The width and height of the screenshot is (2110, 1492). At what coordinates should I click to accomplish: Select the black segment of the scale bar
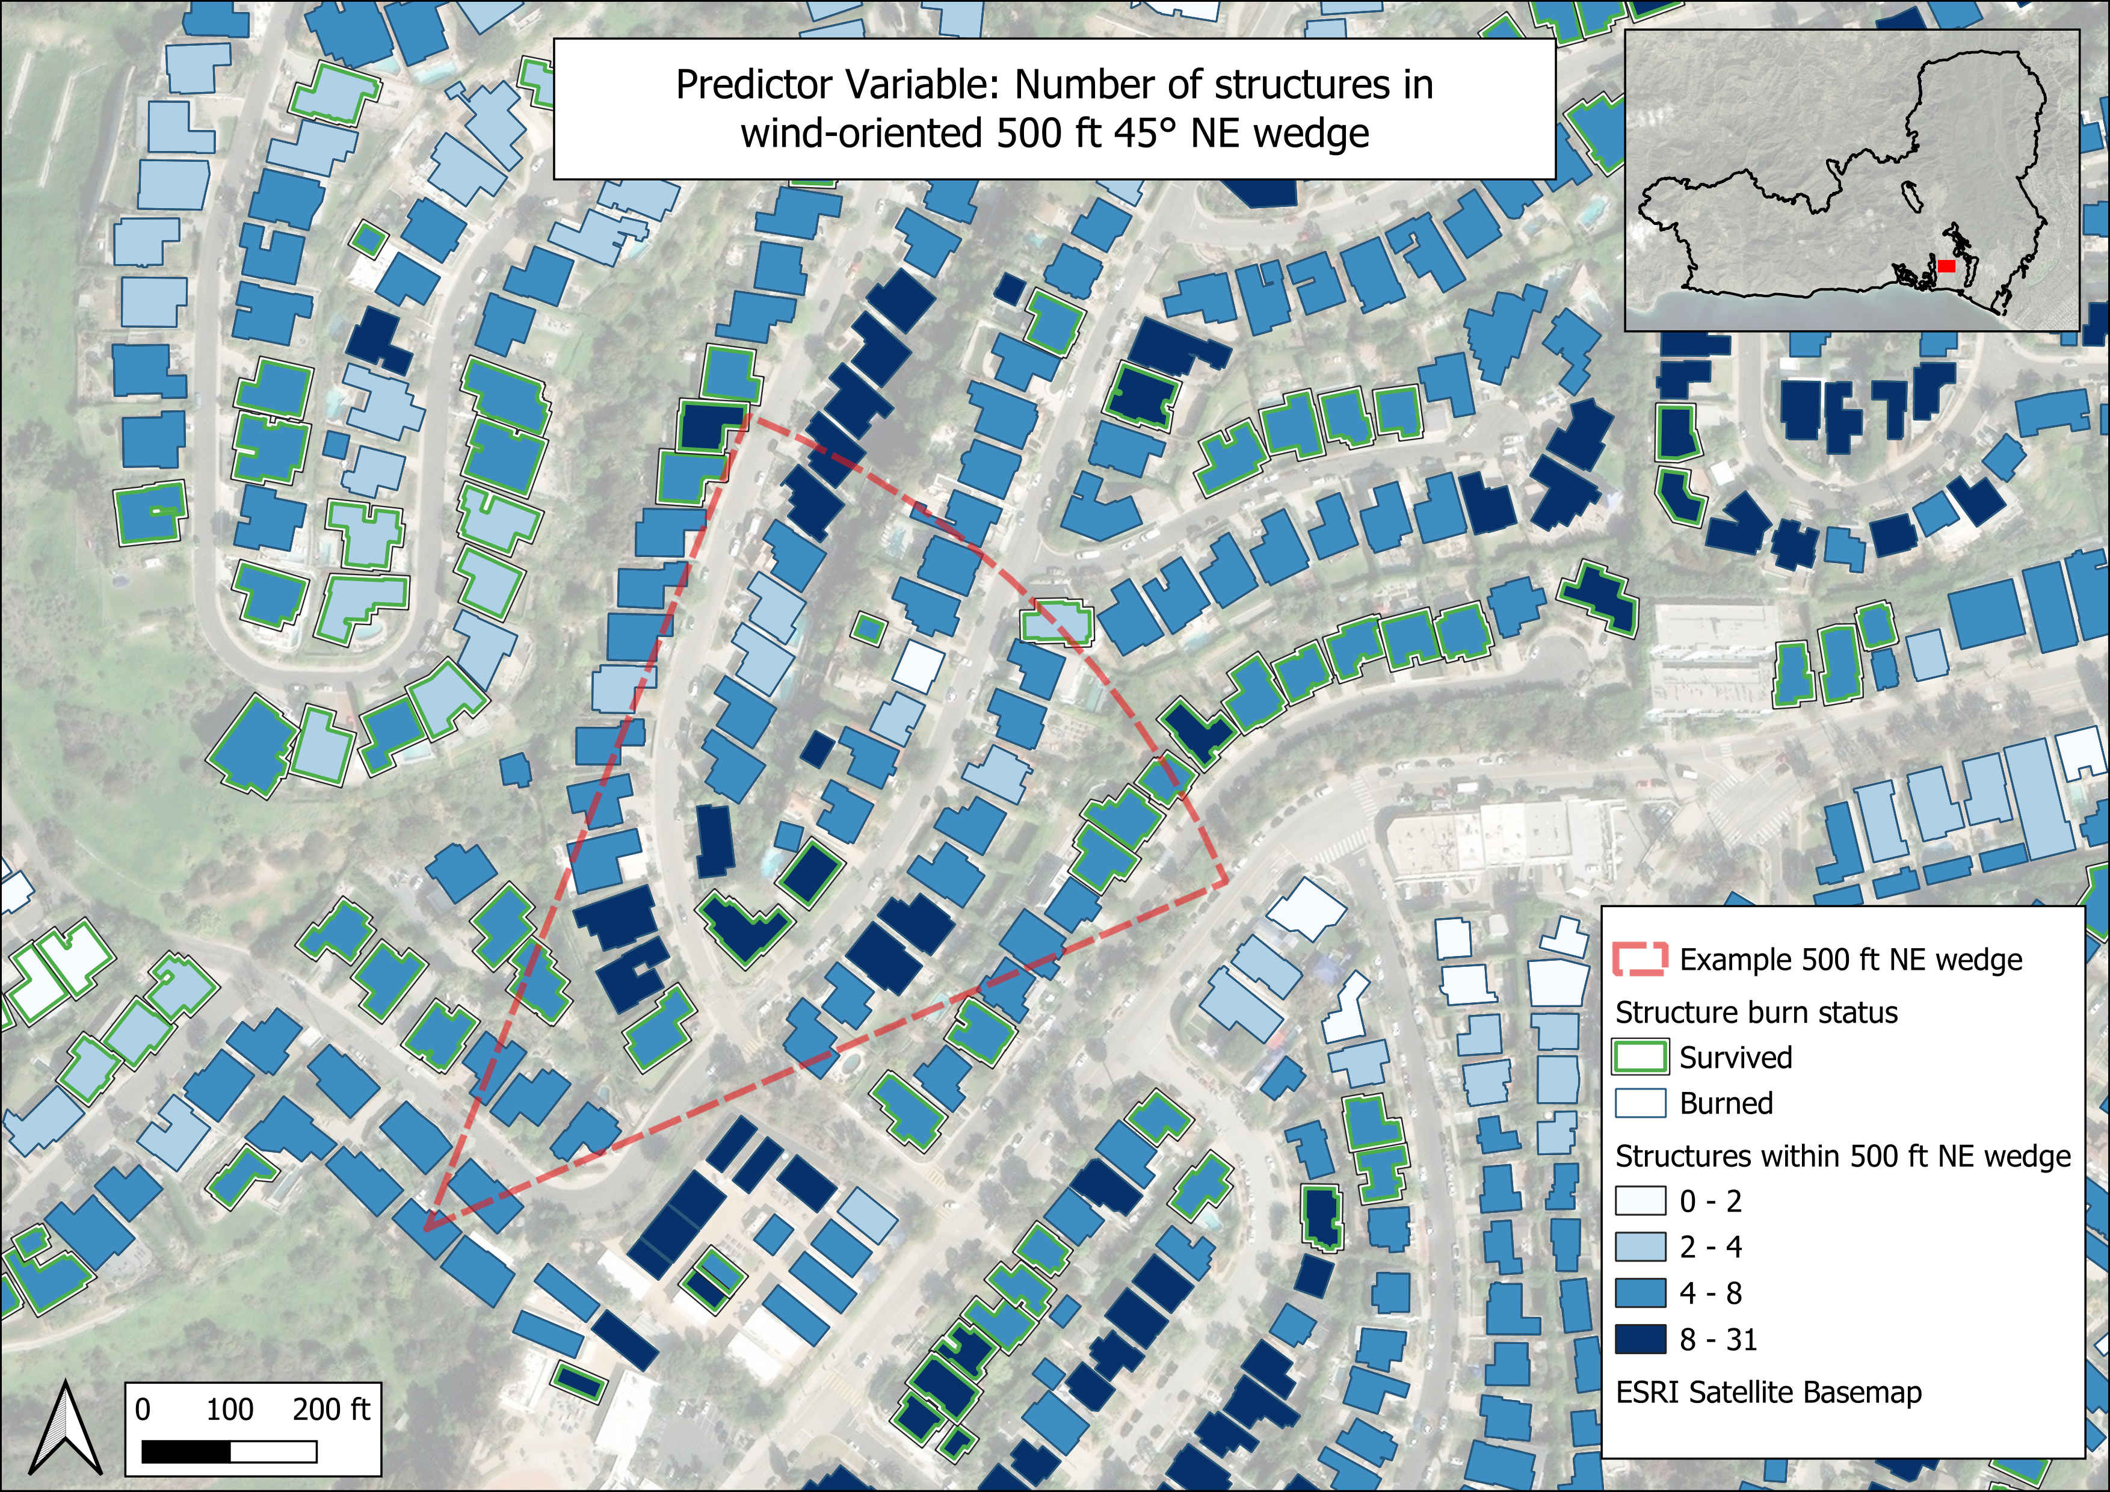pos(186,1450)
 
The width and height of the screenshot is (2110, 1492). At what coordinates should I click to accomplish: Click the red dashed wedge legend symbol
pos(1640,959)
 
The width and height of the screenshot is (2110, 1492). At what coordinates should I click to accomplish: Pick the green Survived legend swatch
pos(1640,1058)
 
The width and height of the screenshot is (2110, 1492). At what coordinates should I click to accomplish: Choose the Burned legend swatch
pos(1640,1103)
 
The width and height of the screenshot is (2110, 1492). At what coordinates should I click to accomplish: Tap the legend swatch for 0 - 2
pos(1640,1201)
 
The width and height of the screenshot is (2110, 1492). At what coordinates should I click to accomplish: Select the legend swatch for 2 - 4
pos(1640,1247)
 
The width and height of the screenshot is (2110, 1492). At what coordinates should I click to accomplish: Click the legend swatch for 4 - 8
pos(1640,1293)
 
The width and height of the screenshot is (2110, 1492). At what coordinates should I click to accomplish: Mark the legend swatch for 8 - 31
pos(1640,1339)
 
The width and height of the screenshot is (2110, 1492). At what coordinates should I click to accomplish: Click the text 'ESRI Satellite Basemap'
pos(1768,1392)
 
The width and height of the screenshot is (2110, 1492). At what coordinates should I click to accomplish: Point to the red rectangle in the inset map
pos(1946,265)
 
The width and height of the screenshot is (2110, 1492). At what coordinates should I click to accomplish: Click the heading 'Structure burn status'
pos(1756,1011)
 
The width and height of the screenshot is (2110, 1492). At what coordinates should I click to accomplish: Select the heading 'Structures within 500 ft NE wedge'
pos(1843,1155)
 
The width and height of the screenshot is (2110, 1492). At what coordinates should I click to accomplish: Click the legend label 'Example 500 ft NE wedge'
pos(1851,959)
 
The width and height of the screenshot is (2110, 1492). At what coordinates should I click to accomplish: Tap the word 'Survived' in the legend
pos(1735,1058)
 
